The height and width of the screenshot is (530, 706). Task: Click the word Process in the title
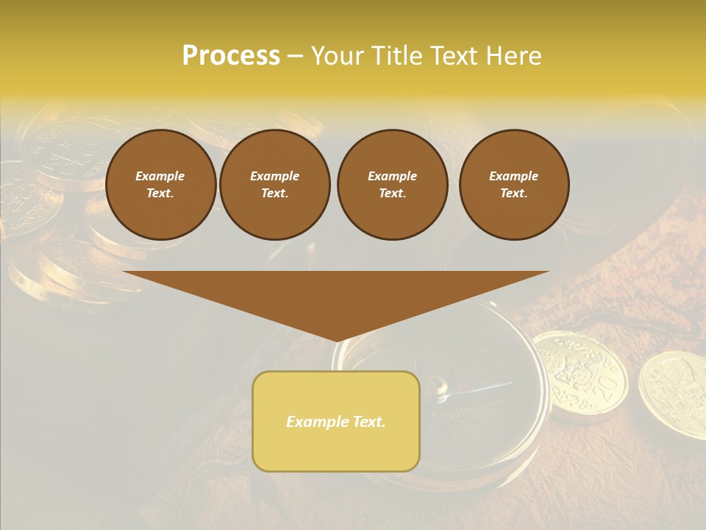click(x=231, y=56)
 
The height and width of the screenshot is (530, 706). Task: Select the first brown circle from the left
click(x=161, y=185)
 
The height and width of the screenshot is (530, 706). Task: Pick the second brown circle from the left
click(x=275, y=185)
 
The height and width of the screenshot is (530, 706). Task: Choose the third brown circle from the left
click(x=393, y=185)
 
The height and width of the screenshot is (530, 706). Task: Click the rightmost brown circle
click(x=514, y=185)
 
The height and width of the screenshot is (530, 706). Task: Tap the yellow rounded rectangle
click(x=336, y=421)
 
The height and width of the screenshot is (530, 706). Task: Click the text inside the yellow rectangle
click(x=336, y=422)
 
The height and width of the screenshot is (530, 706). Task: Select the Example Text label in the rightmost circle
click(x=514, y=185)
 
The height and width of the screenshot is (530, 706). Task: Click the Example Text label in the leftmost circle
click(x=160, y=185)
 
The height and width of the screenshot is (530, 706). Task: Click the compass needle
click(x=478, y=388)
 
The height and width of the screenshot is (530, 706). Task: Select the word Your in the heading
click(x=338, y=56)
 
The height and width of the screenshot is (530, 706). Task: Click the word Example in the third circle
click(x=393, y=177)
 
